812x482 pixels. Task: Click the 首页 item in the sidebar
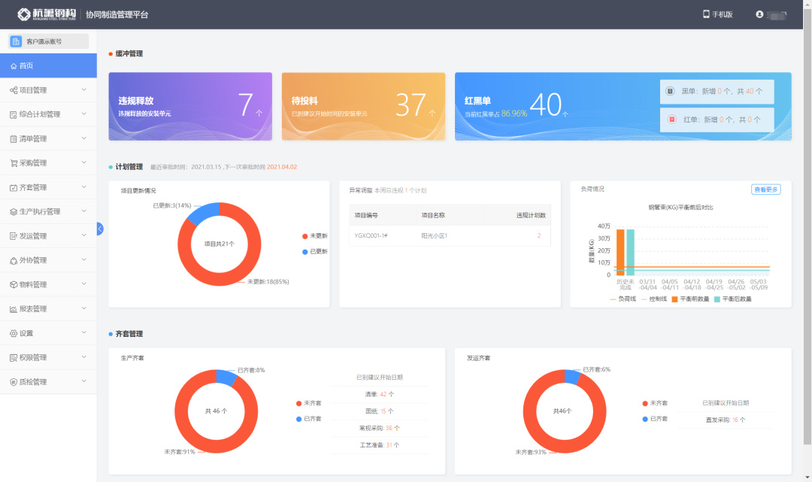point(26,66)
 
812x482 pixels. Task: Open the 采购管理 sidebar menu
point(33,163)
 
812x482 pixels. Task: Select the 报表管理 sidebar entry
point(33,309)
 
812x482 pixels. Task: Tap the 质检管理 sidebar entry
point(33,382)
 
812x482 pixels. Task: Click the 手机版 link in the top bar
point(717,14)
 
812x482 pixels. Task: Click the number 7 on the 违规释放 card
point(246,105)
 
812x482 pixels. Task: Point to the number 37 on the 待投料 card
point(411,105)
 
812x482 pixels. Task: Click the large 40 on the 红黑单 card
point(545,105)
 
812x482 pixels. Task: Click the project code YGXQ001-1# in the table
point(371,235)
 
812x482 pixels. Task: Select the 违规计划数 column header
point(531,216)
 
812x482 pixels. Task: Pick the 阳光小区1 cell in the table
point(434,235)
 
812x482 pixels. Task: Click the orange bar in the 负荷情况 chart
point(620,252)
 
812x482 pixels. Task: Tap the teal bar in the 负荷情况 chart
point(630,252)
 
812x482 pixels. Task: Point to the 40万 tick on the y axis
point(604,226)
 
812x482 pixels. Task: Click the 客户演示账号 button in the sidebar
point(48,41)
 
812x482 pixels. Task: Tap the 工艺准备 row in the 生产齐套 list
point(378,445)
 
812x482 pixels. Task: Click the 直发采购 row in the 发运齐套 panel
point(725,420)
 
